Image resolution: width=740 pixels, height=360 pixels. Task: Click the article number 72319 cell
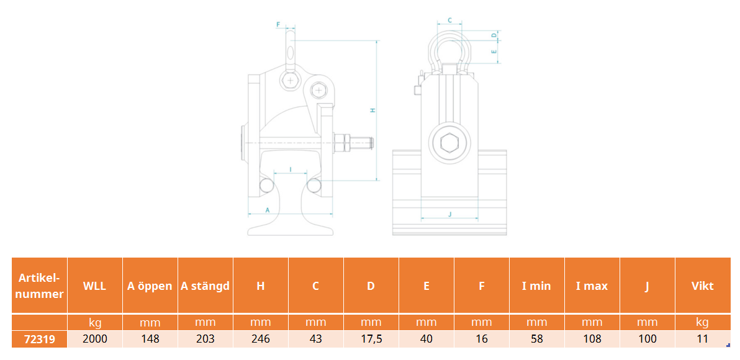39,340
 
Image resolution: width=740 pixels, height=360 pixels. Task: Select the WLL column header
95,286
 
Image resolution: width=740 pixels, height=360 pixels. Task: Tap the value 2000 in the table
95,340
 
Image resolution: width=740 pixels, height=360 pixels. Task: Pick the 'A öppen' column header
150,286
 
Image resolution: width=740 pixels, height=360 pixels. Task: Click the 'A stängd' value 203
205,340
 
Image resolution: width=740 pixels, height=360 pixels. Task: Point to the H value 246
261,340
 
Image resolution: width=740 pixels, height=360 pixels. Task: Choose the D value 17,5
371,340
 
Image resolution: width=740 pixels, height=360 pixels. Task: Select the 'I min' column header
536,286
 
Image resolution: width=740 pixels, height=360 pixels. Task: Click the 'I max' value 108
592,340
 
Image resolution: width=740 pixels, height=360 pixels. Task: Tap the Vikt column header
702,286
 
